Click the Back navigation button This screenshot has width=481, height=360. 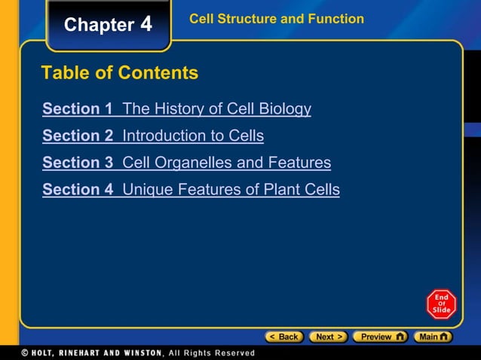(284, 337)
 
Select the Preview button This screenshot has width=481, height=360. (381, 337)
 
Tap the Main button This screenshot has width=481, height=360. (434, 337)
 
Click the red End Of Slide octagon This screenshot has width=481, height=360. (441, 304)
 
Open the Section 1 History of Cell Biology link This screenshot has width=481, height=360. (176, 108)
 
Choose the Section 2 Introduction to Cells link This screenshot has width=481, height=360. (153, 136)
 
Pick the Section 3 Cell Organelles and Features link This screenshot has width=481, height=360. (186, 162)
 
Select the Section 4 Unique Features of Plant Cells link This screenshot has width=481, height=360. (191, 189)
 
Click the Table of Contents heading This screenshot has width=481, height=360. (120, 73)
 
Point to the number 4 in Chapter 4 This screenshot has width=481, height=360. (146, 24)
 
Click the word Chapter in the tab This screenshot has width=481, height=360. (99, 25)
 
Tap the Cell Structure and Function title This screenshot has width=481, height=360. (276, 19)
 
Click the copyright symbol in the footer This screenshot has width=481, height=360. (25, 352)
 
